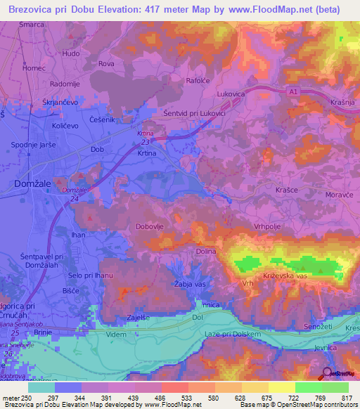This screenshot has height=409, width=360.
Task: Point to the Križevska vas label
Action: [x=286, y=277]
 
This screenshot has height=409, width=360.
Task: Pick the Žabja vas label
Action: [x=189, y=283]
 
